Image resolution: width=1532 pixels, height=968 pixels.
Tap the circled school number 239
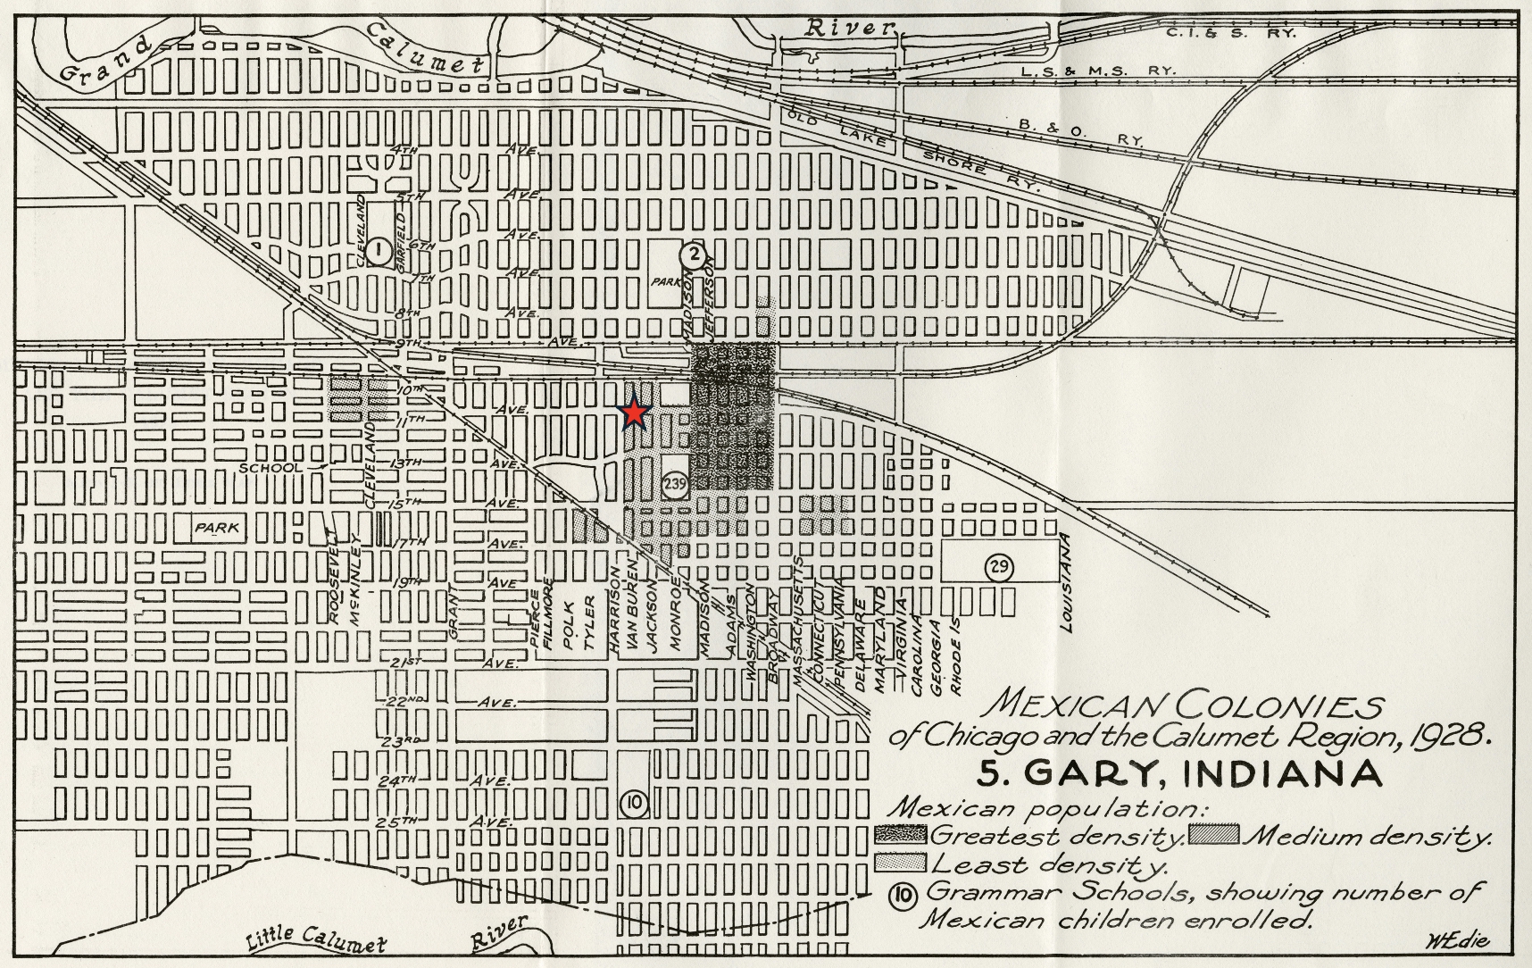coord(675,484)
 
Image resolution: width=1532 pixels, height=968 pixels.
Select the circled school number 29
coord(1000,566)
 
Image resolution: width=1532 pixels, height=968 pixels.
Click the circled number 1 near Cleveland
coord(378,252)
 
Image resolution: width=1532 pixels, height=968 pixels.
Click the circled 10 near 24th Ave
coord(633,803)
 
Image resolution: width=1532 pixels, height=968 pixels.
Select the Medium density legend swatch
coord(1213,834)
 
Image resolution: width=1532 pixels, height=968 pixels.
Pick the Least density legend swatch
coord(902,863)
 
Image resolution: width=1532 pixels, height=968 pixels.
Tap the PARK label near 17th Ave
coord(218,528)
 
